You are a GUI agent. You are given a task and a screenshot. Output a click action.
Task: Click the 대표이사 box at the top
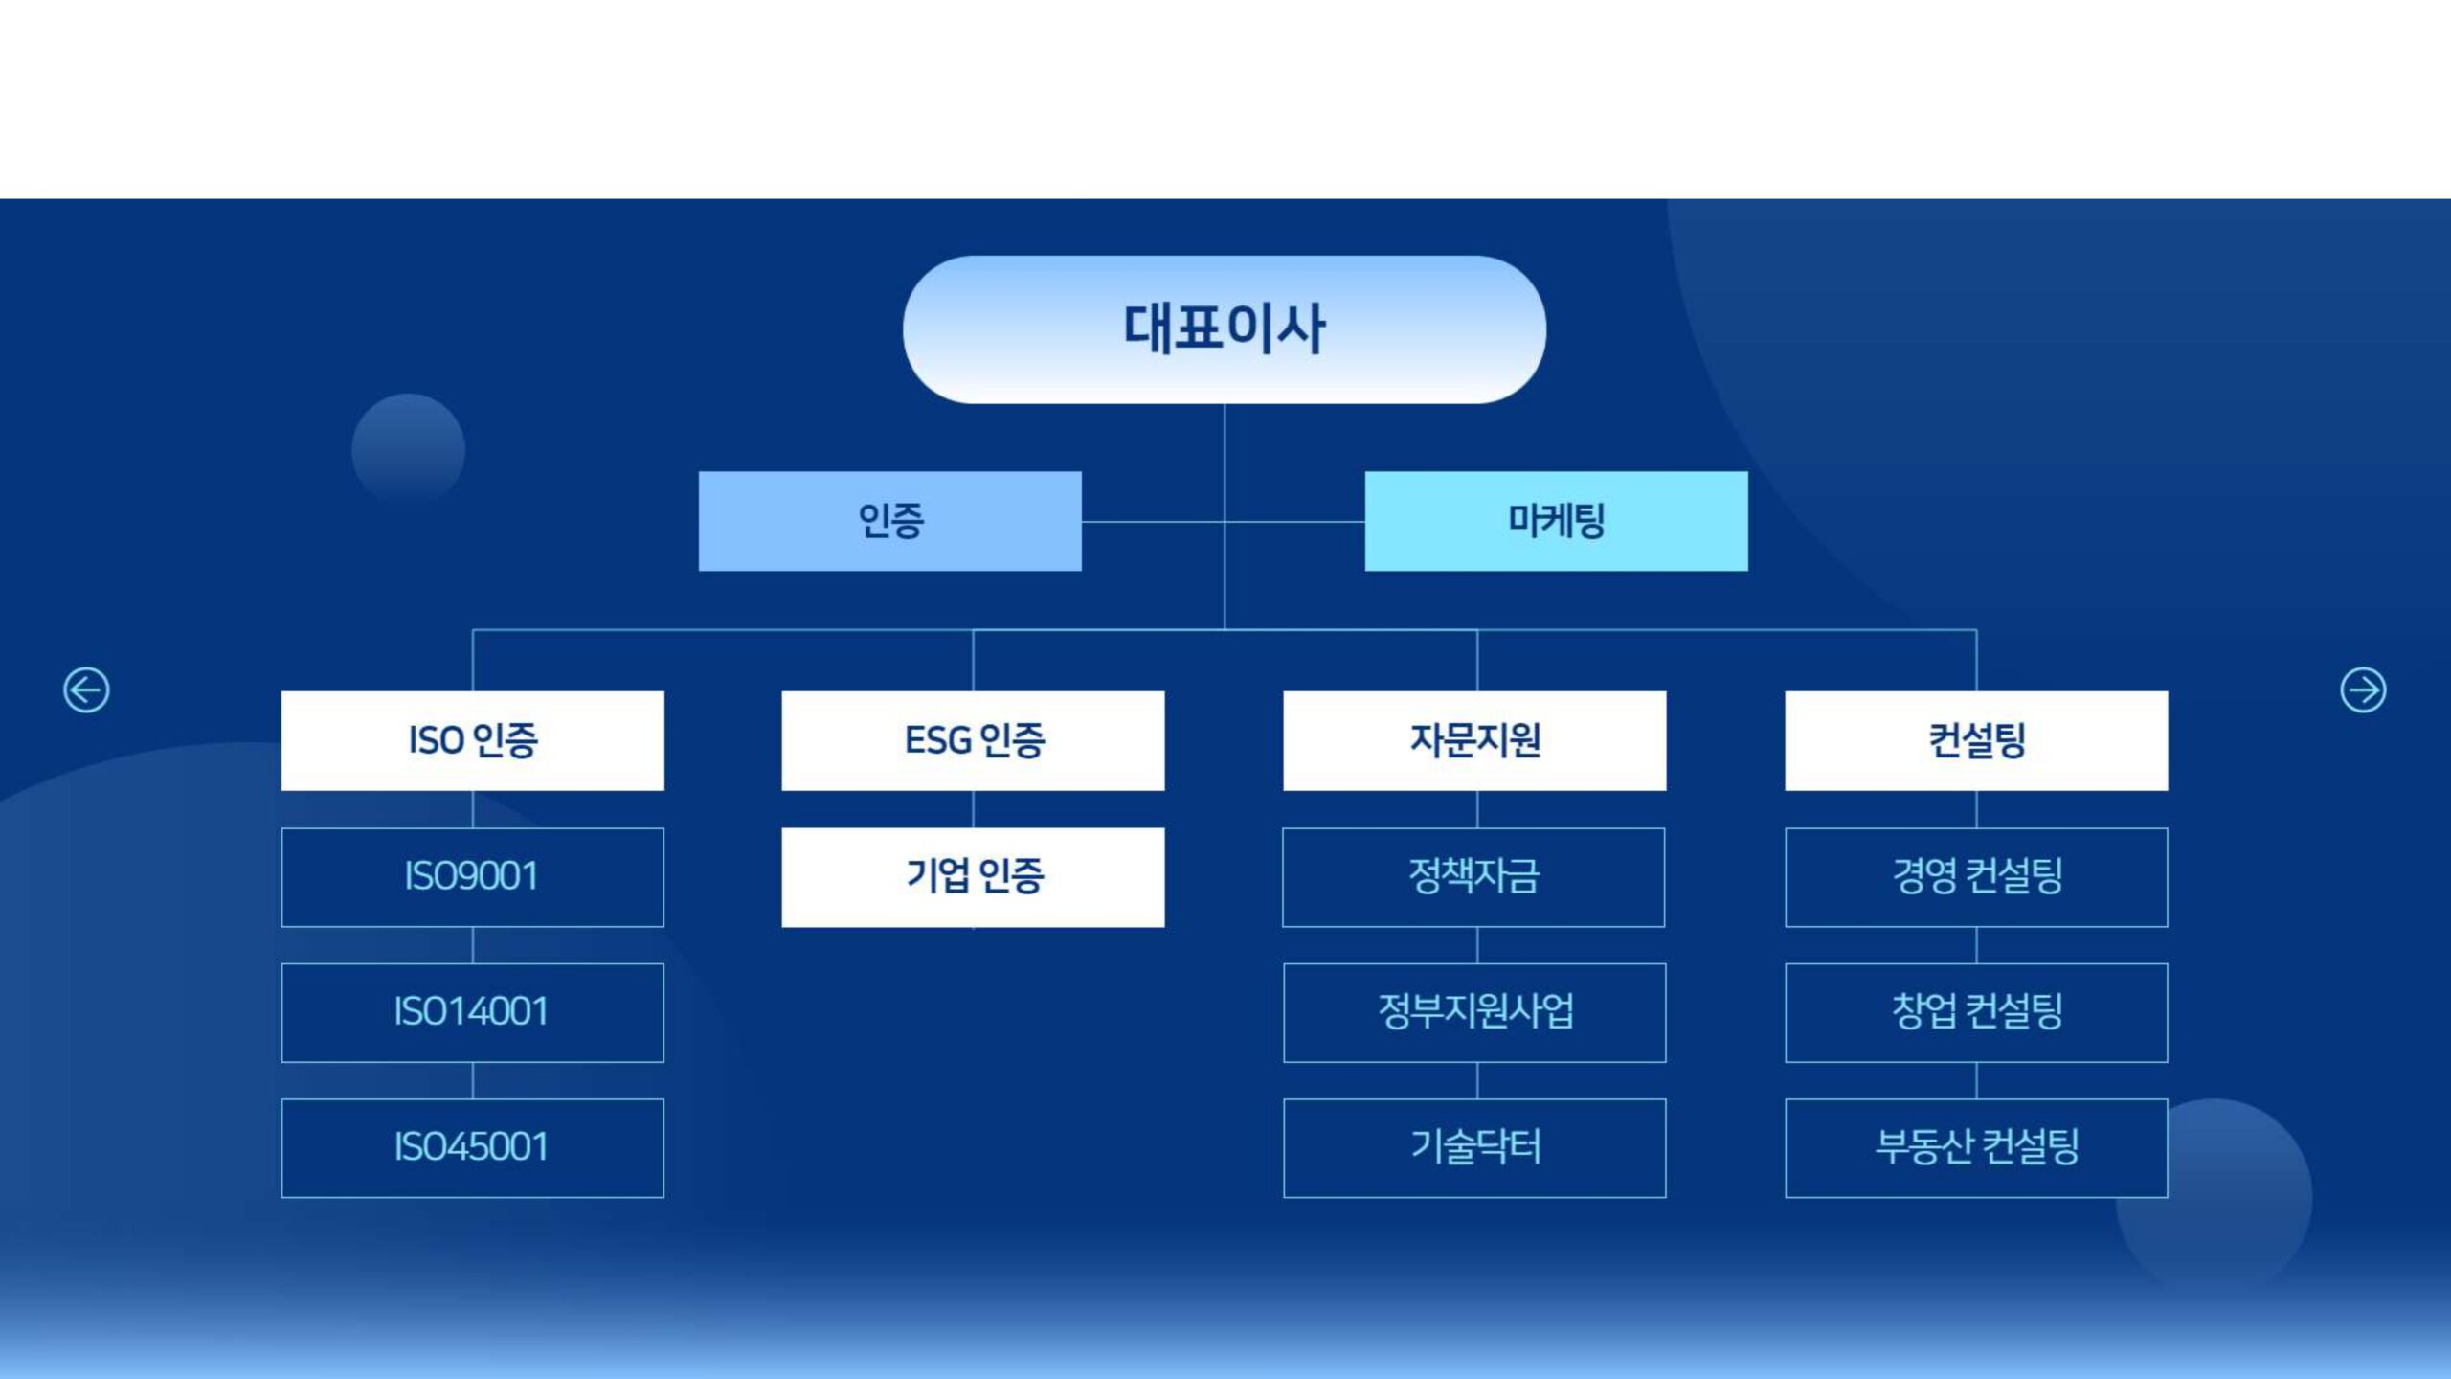coord(1224,329)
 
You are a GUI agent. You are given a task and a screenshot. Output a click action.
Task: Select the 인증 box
coord(889,521)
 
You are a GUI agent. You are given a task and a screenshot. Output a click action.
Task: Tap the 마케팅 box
coord(1556,521)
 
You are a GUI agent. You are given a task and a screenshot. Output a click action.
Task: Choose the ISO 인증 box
coord(472,740)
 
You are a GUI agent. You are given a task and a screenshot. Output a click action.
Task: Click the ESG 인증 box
coord(973,740)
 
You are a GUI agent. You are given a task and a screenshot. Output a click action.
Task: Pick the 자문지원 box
coord(1474,740)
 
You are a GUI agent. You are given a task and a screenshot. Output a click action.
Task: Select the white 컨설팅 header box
coord(1976,740)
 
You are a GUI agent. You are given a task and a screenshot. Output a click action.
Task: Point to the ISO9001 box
coord(472,877)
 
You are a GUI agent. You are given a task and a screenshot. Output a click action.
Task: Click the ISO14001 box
coord(472,1012)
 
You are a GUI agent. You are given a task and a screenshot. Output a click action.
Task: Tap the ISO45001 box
coord(472,1147)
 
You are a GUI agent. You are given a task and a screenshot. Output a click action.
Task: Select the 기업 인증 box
coord(973,877)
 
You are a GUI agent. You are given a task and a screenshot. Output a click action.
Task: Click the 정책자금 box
coord(1474,877)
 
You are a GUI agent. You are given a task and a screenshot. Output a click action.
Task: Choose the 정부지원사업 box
coord(1474,1012)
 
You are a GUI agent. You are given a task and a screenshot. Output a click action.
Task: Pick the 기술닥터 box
coord(1474,1147)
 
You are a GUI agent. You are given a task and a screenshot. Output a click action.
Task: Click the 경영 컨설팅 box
coord(1976,877)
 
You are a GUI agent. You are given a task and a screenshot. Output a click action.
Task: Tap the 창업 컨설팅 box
coord(1976,1012)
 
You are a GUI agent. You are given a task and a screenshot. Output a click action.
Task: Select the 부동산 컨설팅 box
coord(1976,1147)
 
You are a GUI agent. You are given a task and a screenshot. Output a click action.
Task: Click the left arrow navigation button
coord(86,689)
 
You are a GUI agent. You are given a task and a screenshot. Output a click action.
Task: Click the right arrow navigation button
coord(2363,689)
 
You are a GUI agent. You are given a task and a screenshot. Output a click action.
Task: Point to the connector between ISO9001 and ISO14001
coord(473,945)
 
